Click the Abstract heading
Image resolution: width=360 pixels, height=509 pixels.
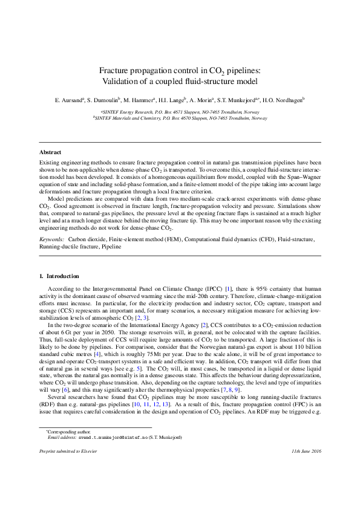point(50,152)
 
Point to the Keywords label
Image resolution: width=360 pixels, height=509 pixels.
point(53,240)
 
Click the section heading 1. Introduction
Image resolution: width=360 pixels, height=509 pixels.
point(59,276)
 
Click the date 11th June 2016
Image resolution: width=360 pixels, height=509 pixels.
point(306,468)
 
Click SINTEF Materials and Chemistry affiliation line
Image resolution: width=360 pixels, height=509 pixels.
point(180,118)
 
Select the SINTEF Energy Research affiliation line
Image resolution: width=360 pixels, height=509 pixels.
point(180,112)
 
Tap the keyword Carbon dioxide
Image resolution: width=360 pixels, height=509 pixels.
point(93,240)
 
